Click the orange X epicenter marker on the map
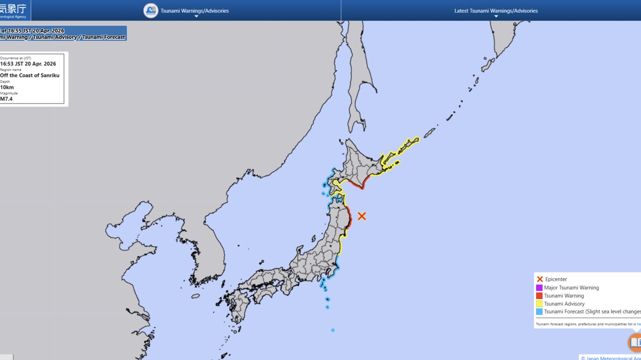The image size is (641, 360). tap(361, 216)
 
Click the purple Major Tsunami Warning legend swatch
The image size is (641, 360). tap(539, 288)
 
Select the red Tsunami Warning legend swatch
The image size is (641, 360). tap(539, 296)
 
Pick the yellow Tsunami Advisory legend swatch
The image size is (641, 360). tap(539, 304)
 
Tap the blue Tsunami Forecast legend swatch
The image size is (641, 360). tap(539, 312)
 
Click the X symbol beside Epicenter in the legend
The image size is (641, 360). tap(540, 279)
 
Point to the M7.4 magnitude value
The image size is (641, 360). tap(6, 99)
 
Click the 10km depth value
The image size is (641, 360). tap(7, 87)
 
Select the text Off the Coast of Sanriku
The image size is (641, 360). tap(30, 75)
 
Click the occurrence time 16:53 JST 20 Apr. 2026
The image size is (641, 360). tap(28, 64)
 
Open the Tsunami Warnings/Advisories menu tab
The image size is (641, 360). tap(195, 11)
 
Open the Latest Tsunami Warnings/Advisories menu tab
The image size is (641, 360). tap(496, 11)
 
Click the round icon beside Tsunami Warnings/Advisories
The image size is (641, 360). tap(151, 11)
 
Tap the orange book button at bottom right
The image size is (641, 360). tap(635, 342)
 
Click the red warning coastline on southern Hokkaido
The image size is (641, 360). tap(356, 185)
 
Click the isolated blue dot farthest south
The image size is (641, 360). tap(333, 330)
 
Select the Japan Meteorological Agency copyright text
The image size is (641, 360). tap(610, 358)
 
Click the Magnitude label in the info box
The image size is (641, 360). tap(9, 93)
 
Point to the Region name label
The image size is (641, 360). tap(11, 70)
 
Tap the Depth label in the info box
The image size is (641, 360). tap(5, 82)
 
